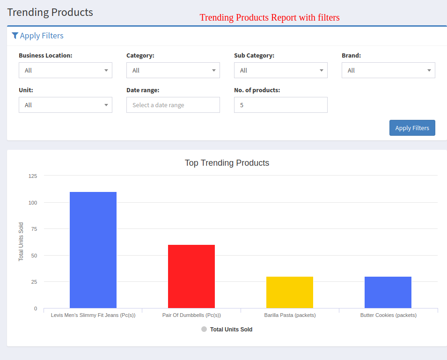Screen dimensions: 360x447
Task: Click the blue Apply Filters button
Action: pos(412,128)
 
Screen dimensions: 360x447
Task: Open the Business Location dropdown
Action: pos(66,70)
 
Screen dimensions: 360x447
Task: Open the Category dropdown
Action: pos(173,70)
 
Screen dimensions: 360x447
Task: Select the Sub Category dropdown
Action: pos(281,70)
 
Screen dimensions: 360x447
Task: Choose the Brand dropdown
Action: pos(388,70)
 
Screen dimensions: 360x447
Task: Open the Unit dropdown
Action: pos(66,105)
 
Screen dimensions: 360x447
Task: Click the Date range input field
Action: pos(173,105)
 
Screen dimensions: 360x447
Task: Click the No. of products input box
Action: pos(281,105)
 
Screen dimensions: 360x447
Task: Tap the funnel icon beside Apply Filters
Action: pos(15,36)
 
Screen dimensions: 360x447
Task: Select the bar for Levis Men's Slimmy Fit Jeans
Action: pos(93,250)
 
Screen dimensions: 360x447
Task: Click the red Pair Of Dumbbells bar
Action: pos(191,276)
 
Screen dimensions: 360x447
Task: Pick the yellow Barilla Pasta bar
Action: pos(290,292)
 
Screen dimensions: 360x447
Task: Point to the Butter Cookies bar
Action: pos(388,292)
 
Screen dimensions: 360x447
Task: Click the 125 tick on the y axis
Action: pos(33,176)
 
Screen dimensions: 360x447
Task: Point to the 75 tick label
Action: pos(34,229)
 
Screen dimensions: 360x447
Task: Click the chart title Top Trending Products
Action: pos(227,163)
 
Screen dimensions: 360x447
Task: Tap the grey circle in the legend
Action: pos(204,329)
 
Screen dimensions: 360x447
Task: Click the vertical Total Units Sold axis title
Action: pos(21,242)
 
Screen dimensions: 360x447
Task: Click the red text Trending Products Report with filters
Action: pos(270,18)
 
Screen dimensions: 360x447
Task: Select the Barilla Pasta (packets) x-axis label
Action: pos(290,315)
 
